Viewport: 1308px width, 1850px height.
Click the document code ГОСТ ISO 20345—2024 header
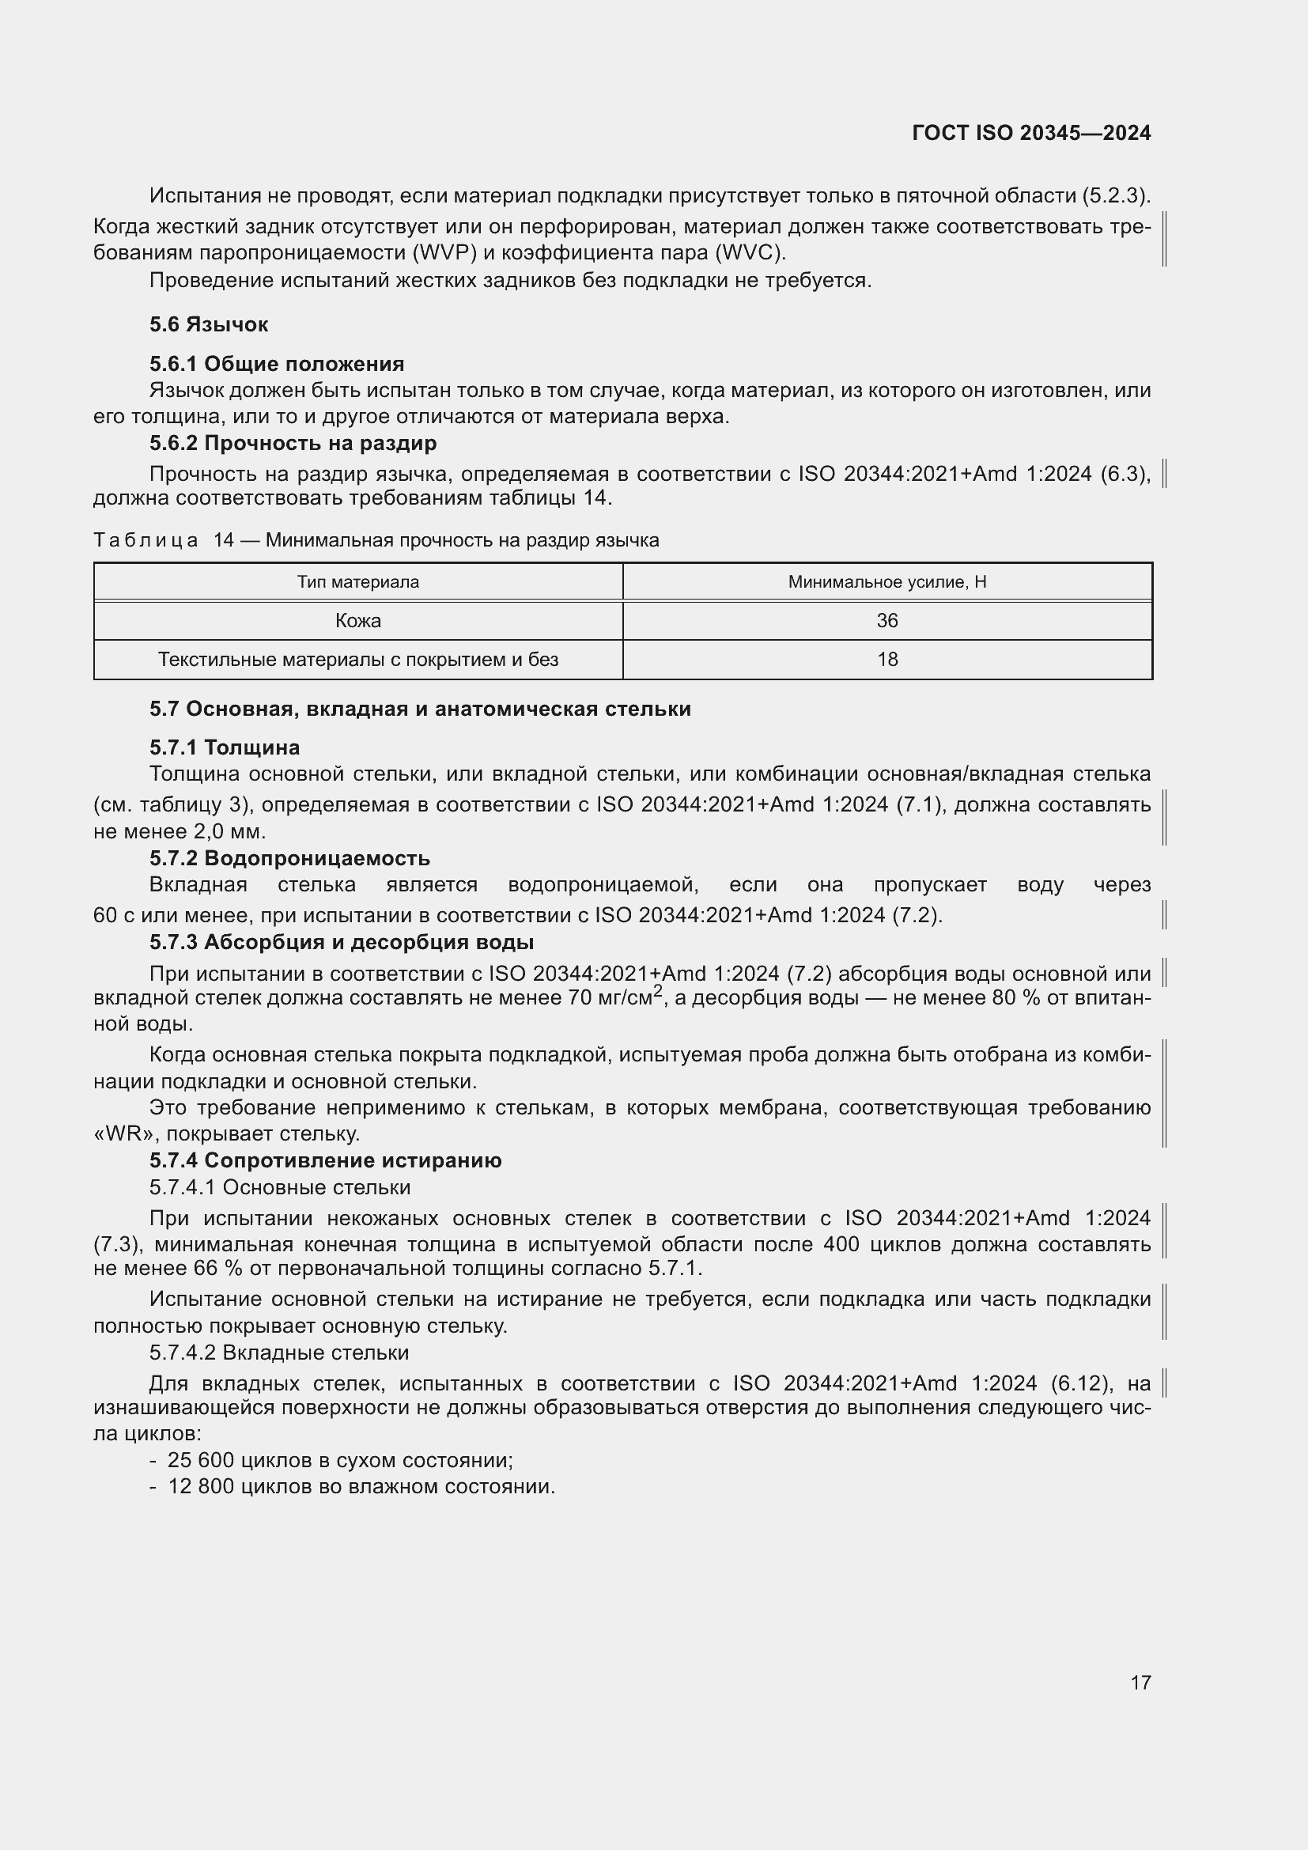pos(1031,133)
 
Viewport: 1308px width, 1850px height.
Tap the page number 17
pos(1140,1682)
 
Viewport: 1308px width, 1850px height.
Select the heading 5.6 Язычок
pos(209,325)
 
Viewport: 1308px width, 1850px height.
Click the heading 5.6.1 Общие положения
pos(276,364)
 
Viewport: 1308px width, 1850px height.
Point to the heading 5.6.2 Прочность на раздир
pos(293,443)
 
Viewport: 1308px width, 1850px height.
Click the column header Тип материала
pos(357,582)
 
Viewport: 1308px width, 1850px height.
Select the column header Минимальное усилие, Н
pos(886,582)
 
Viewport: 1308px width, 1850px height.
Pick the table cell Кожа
pos(357,620)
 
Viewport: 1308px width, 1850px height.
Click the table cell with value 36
pos(886,620)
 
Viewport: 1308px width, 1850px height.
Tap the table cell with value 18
pos(886,660)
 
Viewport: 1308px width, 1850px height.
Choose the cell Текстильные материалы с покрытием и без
pos(357,660)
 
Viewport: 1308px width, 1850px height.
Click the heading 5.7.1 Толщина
pos(224,747)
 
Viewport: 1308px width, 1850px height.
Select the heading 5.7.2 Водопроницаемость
pos(289,858)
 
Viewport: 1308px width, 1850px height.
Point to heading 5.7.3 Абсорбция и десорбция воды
pos(342,942)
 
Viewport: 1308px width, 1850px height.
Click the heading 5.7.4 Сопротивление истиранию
pos(325,1160)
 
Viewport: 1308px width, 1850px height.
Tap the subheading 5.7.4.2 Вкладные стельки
pos(278,1353)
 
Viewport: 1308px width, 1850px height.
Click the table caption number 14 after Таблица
pos(223,541)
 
